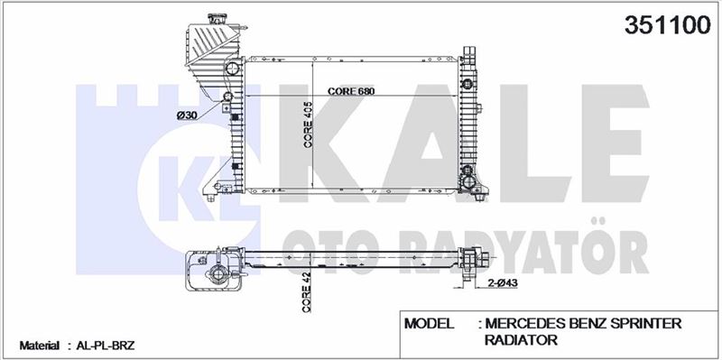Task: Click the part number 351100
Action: pos(668,24)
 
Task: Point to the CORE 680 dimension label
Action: pos(351,91)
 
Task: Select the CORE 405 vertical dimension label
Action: pos(308,125)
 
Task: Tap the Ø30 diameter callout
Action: pos(188,115)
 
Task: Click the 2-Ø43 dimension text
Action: pos(503,283)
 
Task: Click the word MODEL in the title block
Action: pos(429,323)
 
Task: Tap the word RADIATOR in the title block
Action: pos(521,340)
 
